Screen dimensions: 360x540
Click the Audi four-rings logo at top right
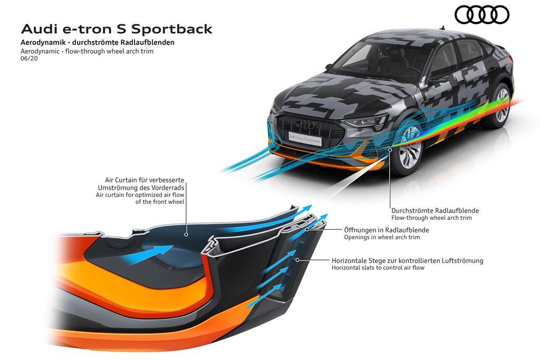482,15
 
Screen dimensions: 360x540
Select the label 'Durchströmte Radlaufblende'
435,210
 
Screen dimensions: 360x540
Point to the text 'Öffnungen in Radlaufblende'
386,230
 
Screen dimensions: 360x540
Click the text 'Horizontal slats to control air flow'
378,268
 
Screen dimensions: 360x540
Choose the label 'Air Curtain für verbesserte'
143,180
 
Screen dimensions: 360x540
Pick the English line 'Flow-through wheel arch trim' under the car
431,218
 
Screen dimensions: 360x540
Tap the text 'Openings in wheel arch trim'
382,237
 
